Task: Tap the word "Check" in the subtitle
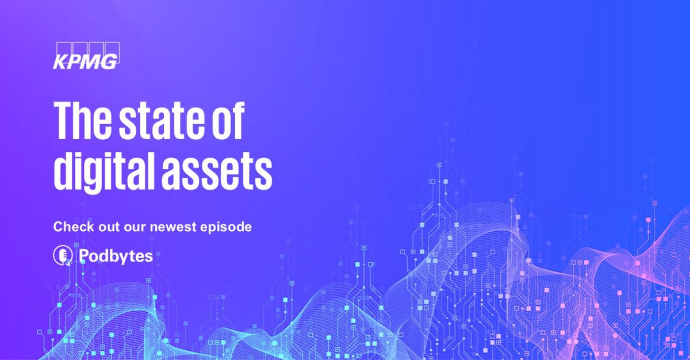tap(69, 227)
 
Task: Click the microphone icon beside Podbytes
tap(62, 255)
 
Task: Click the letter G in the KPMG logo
tap(110, 61)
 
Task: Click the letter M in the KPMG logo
tap(92, 61)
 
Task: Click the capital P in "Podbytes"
tap(83, 256)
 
